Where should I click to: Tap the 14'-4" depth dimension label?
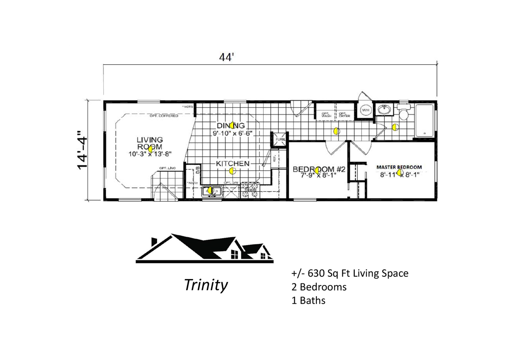pyautogui.click(x=82, y=150)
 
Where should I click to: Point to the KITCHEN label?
pyautogui.click(x=232, y=163)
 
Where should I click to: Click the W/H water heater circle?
pyautogui.click(x=366, y=110)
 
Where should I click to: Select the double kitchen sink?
pyautogui.click(x=213, y=191)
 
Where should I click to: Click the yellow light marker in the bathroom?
pyautogui.click(x=395, y=128)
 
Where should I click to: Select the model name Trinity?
pyautogui.click(x=206, y=285)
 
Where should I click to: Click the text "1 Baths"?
pyautogui.click(x=308, y=301)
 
